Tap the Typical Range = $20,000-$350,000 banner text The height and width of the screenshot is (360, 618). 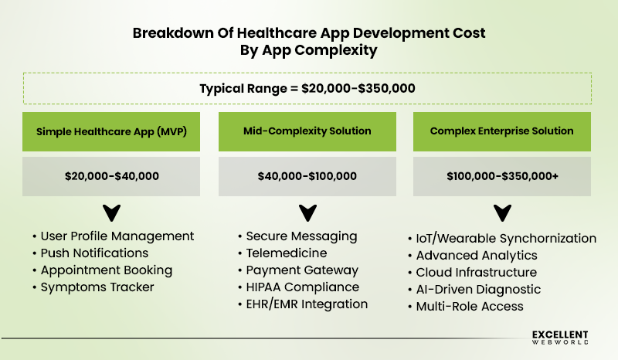(x=307, y=88)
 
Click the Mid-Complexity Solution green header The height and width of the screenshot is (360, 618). (x=307, y=131)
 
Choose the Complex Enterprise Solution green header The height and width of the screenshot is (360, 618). (x=501, y=131)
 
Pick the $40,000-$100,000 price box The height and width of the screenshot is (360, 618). (x=307, y=176)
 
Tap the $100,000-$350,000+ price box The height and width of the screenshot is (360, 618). (x=501, y=176)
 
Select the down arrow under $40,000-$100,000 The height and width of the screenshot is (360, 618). (x=307, y=212)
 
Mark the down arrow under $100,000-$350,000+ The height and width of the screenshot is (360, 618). (x=501, y=212)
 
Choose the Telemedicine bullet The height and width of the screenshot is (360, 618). (x=287, y=253)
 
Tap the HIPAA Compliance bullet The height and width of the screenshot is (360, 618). (x=302, y=287)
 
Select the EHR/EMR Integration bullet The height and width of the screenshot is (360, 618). (x=307, y=304)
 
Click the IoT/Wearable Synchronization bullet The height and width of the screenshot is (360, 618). (x=506, y=238)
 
